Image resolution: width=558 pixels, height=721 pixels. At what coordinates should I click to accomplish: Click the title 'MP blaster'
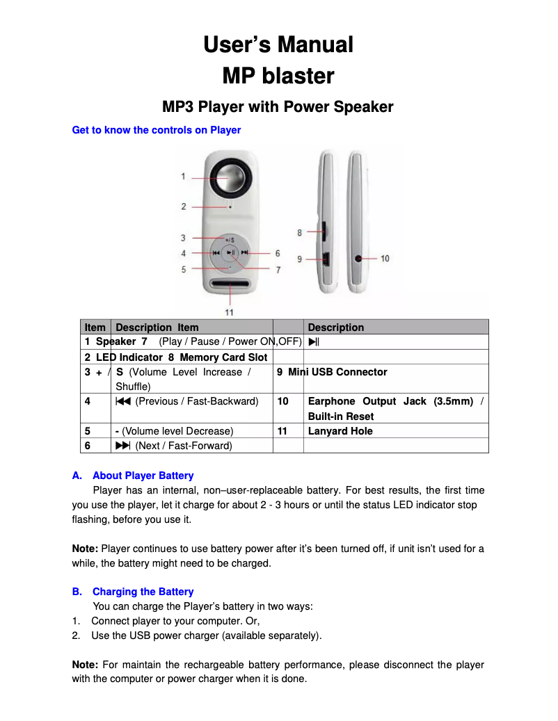(x=278, y=76)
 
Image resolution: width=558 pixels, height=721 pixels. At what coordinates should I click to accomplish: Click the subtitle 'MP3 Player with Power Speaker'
(x=278, y=107)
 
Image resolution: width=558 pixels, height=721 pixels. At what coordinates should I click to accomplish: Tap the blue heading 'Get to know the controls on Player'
(x=157, y=130)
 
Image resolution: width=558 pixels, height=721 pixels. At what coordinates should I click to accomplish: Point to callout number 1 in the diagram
(x=184, y=177)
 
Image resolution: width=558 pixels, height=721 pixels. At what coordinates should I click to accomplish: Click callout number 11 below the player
(x=230, y=311)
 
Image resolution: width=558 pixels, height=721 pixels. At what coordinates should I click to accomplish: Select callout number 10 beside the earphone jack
(x=385, y=258)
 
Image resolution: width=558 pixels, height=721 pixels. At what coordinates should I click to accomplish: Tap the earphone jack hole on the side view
(x=359, y=258)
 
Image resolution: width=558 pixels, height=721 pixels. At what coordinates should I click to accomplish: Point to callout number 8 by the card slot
(x=300, y=232)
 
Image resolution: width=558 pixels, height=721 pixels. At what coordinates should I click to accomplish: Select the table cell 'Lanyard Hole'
(x=340, y=431)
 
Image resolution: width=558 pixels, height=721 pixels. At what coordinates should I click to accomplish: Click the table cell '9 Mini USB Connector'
(x=332, y=372)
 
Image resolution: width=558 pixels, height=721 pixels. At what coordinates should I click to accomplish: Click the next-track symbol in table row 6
(x=123, y=446)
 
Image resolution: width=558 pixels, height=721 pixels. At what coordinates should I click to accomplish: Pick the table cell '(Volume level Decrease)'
(x=177, y=431)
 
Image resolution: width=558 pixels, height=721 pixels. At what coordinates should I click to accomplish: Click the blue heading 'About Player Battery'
(x=143, y=476)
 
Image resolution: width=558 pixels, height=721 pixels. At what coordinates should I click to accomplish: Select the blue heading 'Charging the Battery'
(x=143, y=592)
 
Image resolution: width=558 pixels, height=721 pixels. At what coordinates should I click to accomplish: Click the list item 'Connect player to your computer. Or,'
(x=175, y=621)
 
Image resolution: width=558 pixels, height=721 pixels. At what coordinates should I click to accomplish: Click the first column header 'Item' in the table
(x=95, y=327)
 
